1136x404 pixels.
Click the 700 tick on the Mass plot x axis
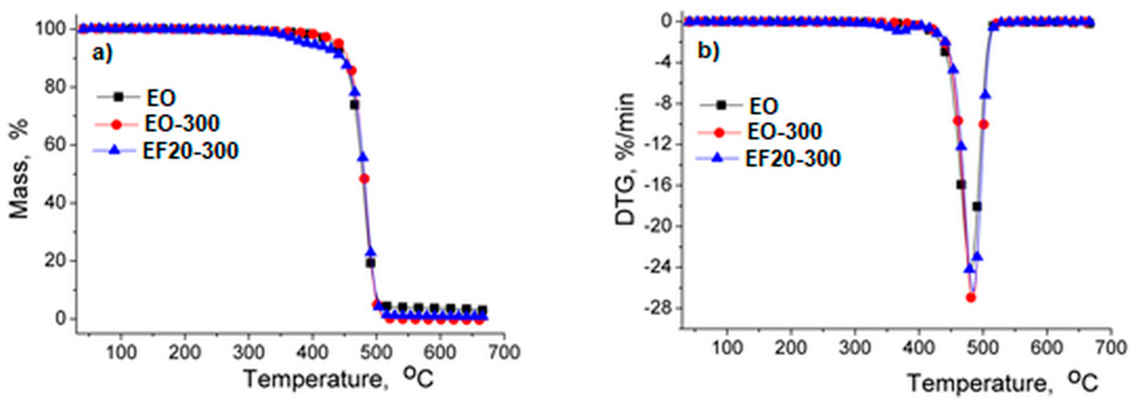[504, 353]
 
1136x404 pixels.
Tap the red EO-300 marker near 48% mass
[364, 179]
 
